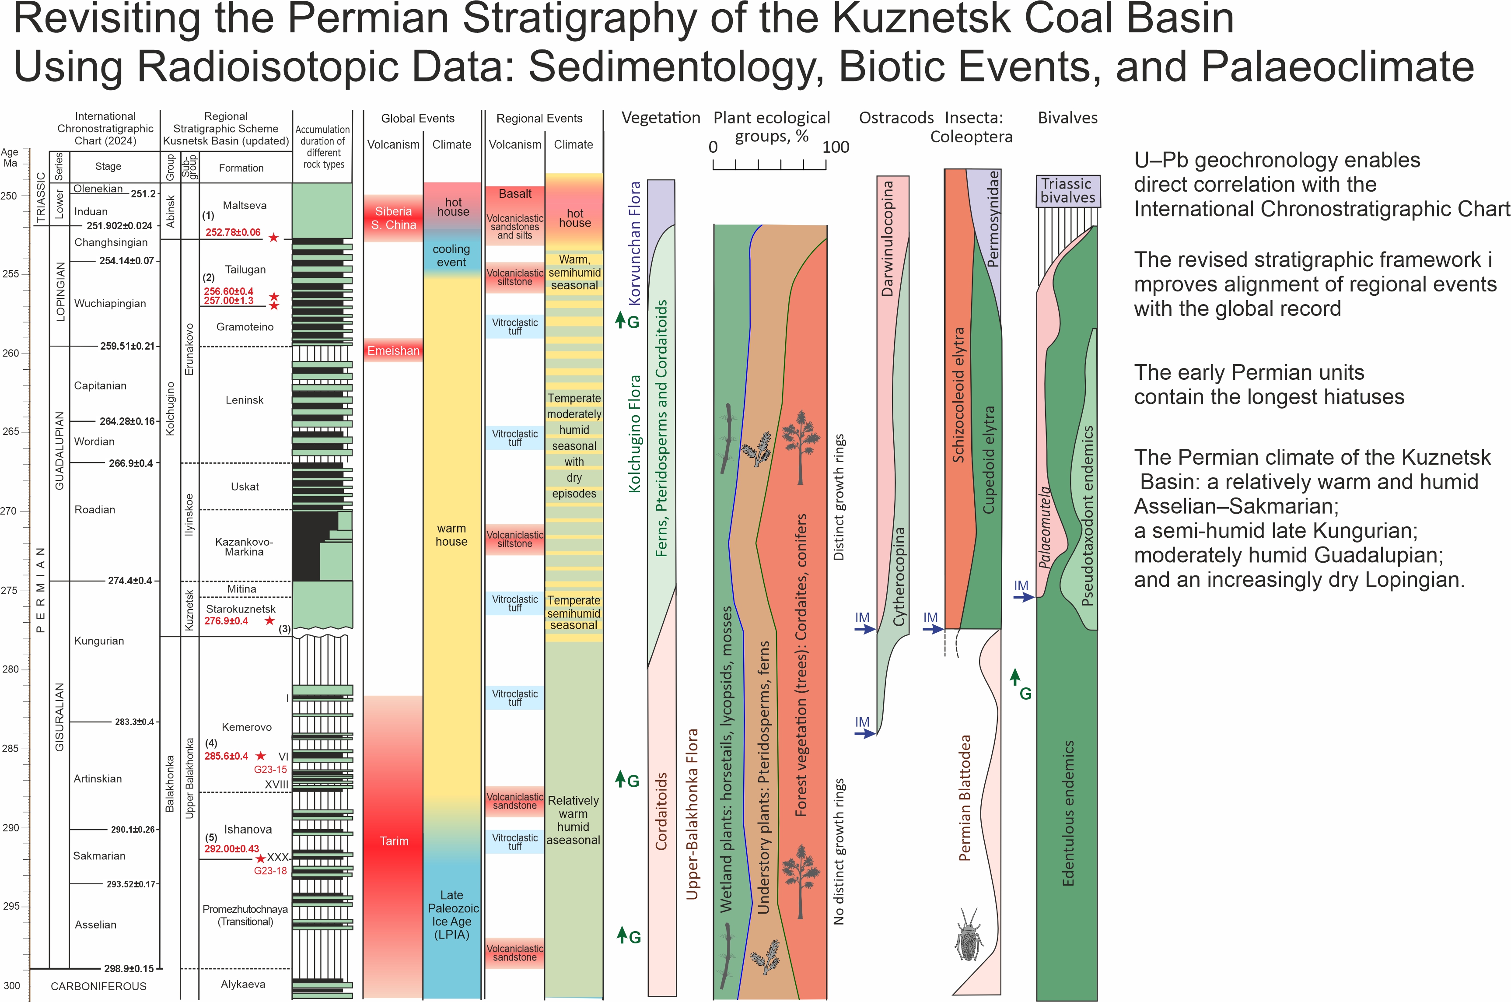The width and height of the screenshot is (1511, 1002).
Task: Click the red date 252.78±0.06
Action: click(233, 233)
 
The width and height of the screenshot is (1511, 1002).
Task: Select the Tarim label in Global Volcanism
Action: click(394, 841)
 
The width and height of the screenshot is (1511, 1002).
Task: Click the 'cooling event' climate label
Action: click(451, 256)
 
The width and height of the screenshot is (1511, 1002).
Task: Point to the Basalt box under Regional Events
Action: click(515, 194)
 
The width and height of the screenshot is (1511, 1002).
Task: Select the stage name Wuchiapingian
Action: click(110, 304)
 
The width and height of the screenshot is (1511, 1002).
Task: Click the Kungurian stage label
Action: click(99, 641)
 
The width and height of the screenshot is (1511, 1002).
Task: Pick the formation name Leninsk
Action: click(244, 400)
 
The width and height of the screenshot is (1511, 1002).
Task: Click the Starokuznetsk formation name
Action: click(241, 609)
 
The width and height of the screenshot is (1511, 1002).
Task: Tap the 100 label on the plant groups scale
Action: click(836, 147)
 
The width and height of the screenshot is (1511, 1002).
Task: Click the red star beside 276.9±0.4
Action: click(269, 620)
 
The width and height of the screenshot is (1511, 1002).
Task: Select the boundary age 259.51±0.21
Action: click(127, 347)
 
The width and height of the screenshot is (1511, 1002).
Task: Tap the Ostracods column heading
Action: click(896, 118)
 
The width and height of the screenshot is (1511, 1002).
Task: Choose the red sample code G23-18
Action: click(270, 871)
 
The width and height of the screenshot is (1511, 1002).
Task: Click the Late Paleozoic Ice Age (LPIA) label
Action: click(452, 914)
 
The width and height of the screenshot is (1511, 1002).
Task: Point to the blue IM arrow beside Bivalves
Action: click(1023, 597)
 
